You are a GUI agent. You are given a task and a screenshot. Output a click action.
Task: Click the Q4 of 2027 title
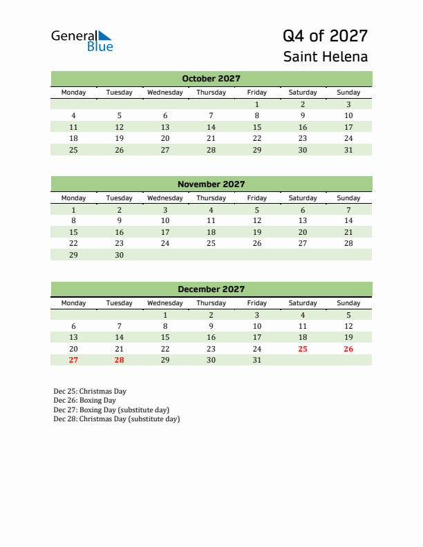point(325,36)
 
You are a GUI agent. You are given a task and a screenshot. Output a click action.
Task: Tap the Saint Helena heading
point(325,57)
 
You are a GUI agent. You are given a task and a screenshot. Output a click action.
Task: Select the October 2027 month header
point(211,79)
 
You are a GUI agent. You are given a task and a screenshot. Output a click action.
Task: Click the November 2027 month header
point(211,184)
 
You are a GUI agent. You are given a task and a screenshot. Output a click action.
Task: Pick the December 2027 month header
point(211,289)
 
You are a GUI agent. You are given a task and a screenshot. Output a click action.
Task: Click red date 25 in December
point(302,349)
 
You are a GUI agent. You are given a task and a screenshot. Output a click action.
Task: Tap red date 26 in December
point(348,349)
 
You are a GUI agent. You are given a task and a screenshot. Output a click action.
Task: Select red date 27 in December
point(74,360)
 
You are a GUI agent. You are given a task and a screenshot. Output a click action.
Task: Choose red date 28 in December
point(120,360)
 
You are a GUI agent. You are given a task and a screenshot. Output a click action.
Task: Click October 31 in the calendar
point(348,150)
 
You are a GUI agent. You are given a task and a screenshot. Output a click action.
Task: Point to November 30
point(120,255)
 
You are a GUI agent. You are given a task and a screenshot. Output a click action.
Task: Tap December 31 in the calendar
point(256,360)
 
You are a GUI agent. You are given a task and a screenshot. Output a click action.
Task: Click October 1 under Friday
point(256,104)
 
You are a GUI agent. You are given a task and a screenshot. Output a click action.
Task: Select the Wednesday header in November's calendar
point(165,198)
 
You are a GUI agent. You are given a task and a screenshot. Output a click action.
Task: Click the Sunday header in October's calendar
point(348,93)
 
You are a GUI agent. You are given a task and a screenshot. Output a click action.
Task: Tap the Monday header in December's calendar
point(74,303)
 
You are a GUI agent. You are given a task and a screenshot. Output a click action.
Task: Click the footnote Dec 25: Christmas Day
point(90,391)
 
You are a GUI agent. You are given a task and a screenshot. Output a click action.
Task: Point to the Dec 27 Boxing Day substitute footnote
point(111,410)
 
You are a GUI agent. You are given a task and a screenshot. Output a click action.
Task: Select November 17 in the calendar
point(165,232)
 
